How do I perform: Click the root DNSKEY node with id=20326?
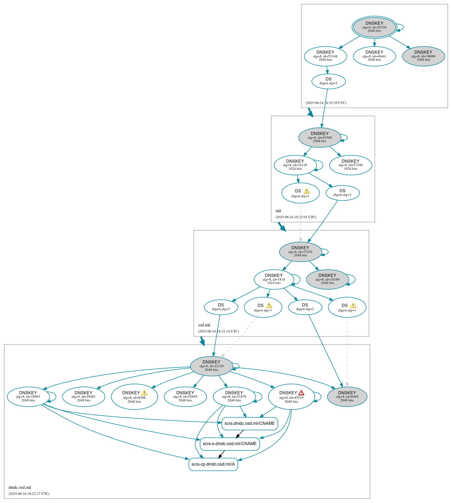pos(374,27)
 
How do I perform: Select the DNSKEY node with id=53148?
pos(325,56)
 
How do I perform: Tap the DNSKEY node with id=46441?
pos(374,56)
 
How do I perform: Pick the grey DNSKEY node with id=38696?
pos(423,56)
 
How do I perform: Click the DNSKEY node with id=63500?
pos(320,137)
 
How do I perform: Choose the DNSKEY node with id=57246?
pos(350,165)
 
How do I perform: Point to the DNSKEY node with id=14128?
pos(295,165)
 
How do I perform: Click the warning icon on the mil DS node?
pos(306,191)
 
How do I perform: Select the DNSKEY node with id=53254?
pos(300,252)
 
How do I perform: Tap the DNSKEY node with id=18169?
pos(327,279)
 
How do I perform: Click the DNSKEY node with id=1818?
pos(274,279)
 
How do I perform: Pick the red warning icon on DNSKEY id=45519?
pos(301,393)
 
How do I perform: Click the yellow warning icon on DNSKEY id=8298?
pos(144,393)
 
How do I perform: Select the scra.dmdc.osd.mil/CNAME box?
pos(249,423)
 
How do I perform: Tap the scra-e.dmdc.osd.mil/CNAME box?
pos(229,444)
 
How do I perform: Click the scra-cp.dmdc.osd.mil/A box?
pos(213,464)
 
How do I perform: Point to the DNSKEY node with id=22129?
pos(211,366)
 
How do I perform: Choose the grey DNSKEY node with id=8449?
pos(347,396)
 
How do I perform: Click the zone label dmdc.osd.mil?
pos(20,487)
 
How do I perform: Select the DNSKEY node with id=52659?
pos(185,396)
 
